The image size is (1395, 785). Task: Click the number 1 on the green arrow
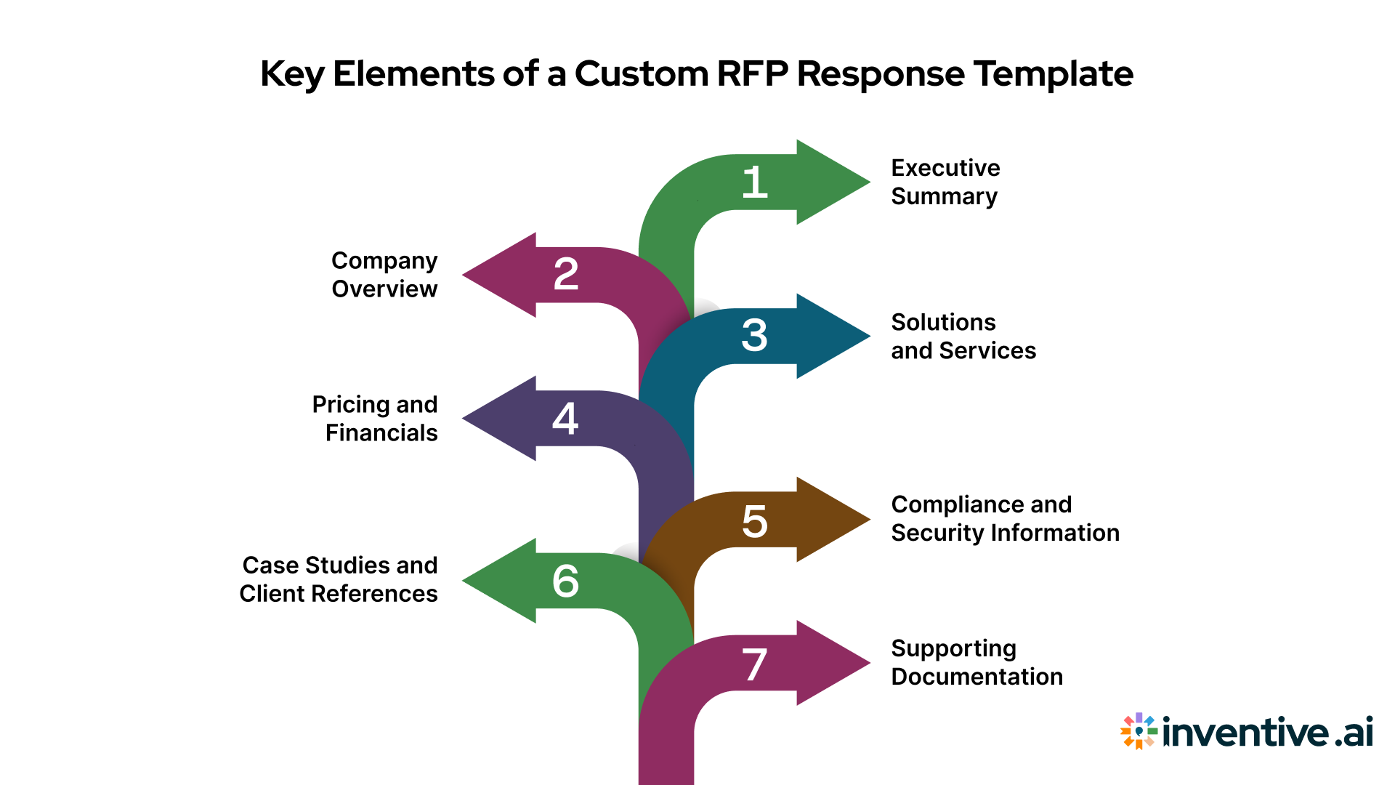tap(755, 182)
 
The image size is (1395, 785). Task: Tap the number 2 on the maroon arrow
tap(566, 275)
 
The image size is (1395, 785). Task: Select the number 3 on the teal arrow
tap(755, 336)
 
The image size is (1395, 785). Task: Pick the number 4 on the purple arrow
tap(565, 419)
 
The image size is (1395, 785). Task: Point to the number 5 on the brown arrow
tap(755, 521)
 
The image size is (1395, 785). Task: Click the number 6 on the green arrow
tap(565, 581)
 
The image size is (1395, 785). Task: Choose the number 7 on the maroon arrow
tap(755, 665)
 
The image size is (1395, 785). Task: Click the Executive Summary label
tap(945, 182)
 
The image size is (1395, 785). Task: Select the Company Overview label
tap(384, 275)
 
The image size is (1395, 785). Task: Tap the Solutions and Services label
tap(963, 336)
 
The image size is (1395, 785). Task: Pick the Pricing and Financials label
tap(375, 418)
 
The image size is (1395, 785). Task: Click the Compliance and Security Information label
tap(1005, 518)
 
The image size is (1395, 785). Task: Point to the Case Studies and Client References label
tap(339, 579)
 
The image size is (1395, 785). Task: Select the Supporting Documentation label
tap(976, 662)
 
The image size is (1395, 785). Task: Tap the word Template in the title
tap(1053, 73)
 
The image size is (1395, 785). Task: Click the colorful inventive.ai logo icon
tap(1139, 730)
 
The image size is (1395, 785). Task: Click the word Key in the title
tap(291, 75)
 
